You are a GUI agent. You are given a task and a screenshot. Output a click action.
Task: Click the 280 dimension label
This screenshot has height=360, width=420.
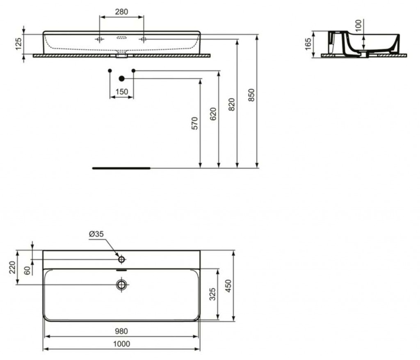click(121, 12)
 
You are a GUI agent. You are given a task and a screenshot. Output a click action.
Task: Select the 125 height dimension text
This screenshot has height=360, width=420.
click(18, 44)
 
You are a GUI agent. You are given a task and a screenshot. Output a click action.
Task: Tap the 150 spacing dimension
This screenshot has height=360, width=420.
click(121, 91)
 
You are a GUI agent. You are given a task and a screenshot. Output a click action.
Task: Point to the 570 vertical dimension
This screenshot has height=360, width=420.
click(195, 123)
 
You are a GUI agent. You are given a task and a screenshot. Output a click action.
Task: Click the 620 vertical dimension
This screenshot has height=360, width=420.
click(213, 114)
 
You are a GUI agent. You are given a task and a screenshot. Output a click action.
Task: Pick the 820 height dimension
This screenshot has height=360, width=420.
click(231, 105)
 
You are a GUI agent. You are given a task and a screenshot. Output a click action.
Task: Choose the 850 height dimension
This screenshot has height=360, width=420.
click(251, 95)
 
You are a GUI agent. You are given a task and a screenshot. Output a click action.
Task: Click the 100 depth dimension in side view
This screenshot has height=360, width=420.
click(358, 25)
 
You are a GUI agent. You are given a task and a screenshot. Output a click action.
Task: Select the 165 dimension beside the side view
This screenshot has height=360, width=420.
click(308, 43)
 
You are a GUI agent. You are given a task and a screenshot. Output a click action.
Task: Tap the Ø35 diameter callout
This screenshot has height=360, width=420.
click(96, 234)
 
